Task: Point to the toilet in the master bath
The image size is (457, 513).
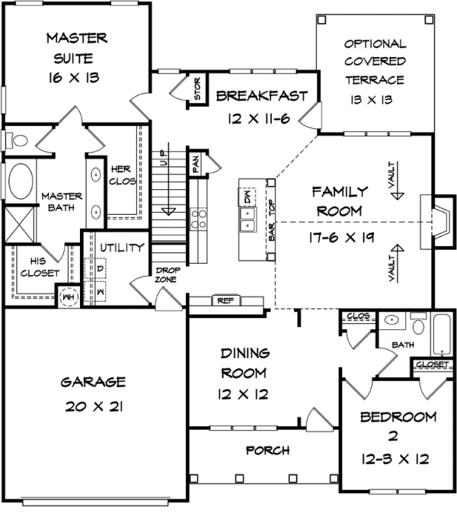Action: click(x=17, y=140)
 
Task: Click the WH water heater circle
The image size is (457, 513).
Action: click(x=68, y=296)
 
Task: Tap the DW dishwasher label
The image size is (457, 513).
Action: click(x=248, y=197)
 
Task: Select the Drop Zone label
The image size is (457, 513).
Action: click(x=167, y=276)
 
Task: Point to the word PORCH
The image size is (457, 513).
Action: click(x=267, y=450)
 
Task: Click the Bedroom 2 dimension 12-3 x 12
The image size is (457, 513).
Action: click(x=388, y=460)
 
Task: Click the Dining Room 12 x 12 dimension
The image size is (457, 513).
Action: click(x=243, y=395)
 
